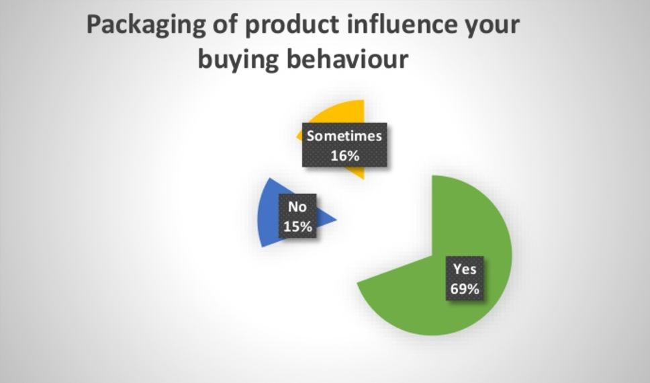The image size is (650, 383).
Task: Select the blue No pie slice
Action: (x=269, y=216)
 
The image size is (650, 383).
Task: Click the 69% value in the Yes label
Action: (x=465, y=288)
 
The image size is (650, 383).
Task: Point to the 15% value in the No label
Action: (x=297, y=226)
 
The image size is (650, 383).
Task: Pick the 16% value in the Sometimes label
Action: (x=344, y=156)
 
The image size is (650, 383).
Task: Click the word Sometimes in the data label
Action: (x=344, y=136)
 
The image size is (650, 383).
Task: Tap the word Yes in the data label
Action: (x=465, y=269)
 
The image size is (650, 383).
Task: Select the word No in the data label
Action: (x=297, y=207)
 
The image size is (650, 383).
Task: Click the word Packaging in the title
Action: (x=146, y=26)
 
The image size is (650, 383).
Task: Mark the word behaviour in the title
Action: (x=347, y=59)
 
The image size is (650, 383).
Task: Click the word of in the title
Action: (x=225, y=24)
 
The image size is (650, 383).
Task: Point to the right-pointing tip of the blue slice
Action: (x=337, y=220)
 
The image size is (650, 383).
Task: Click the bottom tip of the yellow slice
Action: (x=364, y=179)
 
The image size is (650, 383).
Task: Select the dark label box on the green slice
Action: (x=465, y=278)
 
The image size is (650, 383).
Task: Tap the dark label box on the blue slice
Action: (x=297, y=216)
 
